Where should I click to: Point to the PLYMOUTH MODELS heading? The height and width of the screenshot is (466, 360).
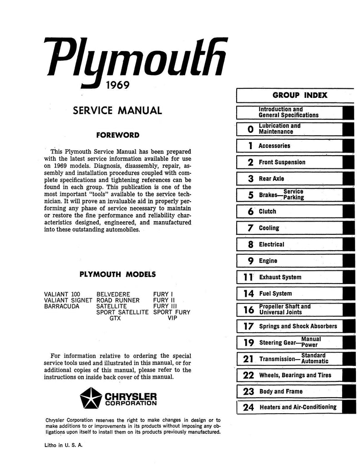[117, 274]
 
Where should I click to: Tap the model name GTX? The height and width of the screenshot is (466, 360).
[115, 319]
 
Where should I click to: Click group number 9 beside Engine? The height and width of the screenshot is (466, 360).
[250, 261]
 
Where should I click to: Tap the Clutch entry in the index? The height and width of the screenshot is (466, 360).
[268, 212]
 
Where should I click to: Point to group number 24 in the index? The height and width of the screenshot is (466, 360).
[248, 408]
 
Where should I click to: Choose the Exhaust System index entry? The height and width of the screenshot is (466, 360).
[280, 277]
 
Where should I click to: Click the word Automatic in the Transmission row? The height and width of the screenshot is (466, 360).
[314, 361]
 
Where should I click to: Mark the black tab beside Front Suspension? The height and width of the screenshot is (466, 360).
[348, 162]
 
